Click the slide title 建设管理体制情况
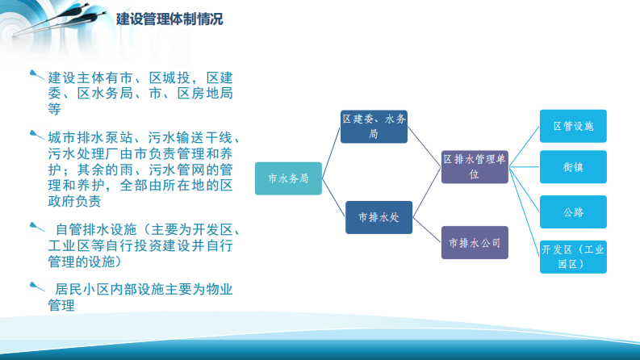coord(169,19)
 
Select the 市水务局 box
coord(288,178)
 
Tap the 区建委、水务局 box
coord(374,127)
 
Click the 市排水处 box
coord(379,217)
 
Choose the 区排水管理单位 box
coord(475,167)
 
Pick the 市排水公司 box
coord(475,242)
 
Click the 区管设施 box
coord(573,127)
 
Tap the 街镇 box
coord(573,167)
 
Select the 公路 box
coord(573,212)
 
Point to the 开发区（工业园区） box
coord(573,257)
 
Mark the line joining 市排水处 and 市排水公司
coord(427,230)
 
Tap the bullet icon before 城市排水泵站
coord(36,135)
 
